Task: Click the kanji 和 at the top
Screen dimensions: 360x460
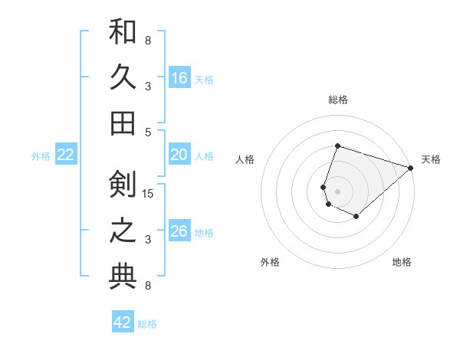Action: [x=123, y=31]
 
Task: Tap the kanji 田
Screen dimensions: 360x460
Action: [x=123, y=123]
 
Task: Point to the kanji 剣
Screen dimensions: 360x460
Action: [x=123, y=185]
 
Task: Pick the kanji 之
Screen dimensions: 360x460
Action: [x=123, y=231]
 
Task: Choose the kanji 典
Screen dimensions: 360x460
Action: [x=123, y=277]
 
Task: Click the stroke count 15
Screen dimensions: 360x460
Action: [x=148, y=193]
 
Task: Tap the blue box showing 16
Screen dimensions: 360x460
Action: [x=179, y=78]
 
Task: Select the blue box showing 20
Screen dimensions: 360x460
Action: [x=179, y=155]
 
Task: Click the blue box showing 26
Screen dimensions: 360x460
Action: [x=179, y=231]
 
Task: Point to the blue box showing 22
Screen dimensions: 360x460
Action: [x=66, y=155]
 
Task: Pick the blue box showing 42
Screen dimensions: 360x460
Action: [x=123, y=322]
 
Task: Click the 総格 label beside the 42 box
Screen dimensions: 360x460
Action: [x=147, y=324]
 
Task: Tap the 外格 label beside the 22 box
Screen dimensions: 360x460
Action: [x=41, y=156]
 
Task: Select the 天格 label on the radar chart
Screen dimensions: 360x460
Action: [x=431, y=159]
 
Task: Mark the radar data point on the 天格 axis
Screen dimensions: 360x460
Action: [x=412, y=168]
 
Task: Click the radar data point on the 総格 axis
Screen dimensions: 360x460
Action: [x=337, y=146]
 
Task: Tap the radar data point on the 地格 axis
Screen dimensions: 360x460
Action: [x=356, y=217]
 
